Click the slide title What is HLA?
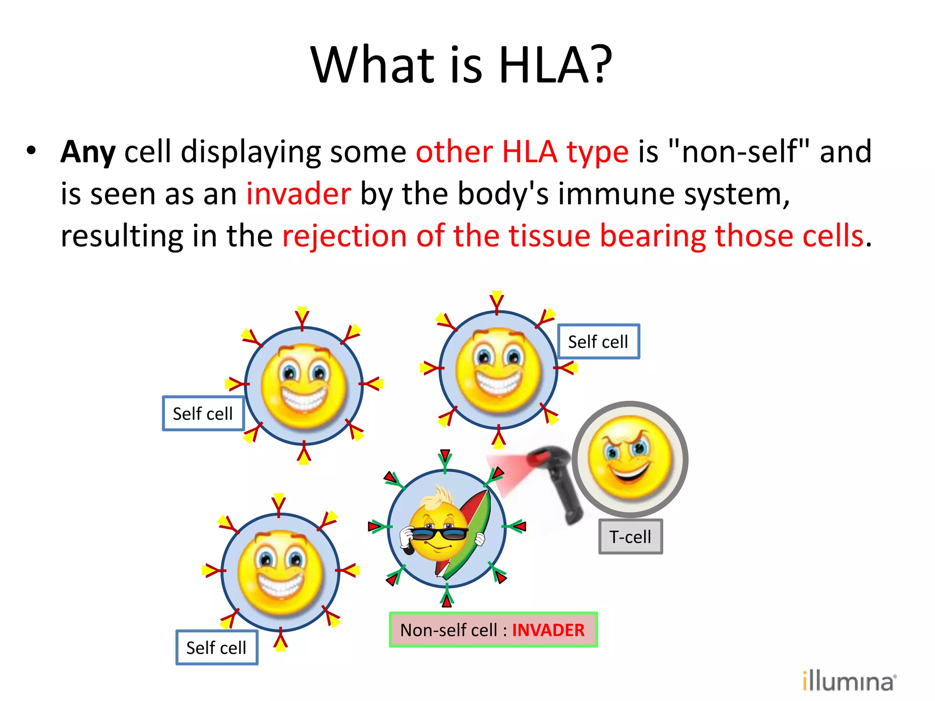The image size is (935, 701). (x=461, y=65)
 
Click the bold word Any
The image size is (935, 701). (x=88, y=152)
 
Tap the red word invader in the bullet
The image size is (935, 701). (x=299, y=194)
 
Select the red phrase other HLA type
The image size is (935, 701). (x=522, y=152)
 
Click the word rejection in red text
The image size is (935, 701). (x=344, y=236)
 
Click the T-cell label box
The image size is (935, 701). (x=630, y=537)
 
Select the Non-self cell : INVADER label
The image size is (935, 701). (x=493, y=630)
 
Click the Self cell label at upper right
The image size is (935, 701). (x=598, y=341)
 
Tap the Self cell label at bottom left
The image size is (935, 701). (x=216, y=648)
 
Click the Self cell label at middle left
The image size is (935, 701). (x=203, y=413)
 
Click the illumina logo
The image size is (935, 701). (x=848, y=681)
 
